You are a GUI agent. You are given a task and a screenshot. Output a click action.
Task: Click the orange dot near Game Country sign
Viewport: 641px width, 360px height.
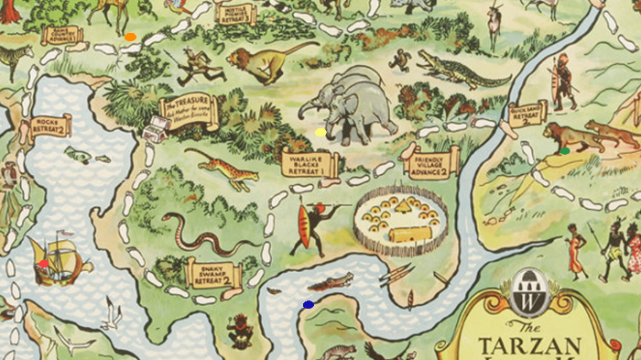pyautogui.click(x=131, y=38)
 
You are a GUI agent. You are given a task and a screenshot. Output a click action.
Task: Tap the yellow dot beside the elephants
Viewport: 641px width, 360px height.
pyautogui.click(x=320, y=132)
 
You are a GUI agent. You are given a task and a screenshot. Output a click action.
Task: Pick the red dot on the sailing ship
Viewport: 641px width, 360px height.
pyautogui.click(x=43, y=263)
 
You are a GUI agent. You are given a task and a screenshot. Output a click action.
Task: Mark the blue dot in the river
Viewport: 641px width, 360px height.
pyautogui.click(x=309, y=304)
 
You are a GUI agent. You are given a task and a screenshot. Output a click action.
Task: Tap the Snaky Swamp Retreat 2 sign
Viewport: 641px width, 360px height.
pyautogui.click(x=212, y=273)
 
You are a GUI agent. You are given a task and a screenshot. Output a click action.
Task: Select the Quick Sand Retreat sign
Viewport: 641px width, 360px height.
pyautogui.click(x=529, y=113)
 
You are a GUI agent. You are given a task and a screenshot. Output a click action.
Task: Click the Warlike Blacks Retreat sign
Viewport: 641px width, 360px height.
pyautogui.click(x=310, y=163)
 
